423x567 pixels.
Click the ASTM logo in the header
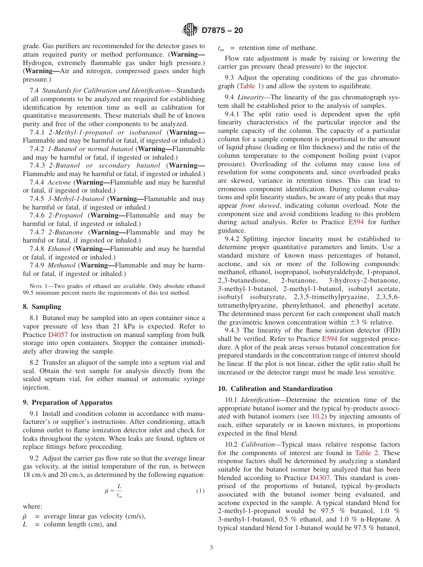pos(190,30)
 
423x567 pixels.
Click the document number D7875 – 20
pos(222,31)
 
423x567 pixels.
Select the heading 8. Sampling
pos(42,307)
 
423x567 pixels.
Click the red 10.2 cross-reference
pos(317,417)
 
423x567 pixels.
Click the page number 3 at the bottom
pos(211,548)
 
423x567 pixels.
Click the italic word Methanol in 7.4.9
pos(62,265)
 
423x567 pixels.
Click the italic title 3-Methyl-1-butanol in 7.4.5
pos(77,199)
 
